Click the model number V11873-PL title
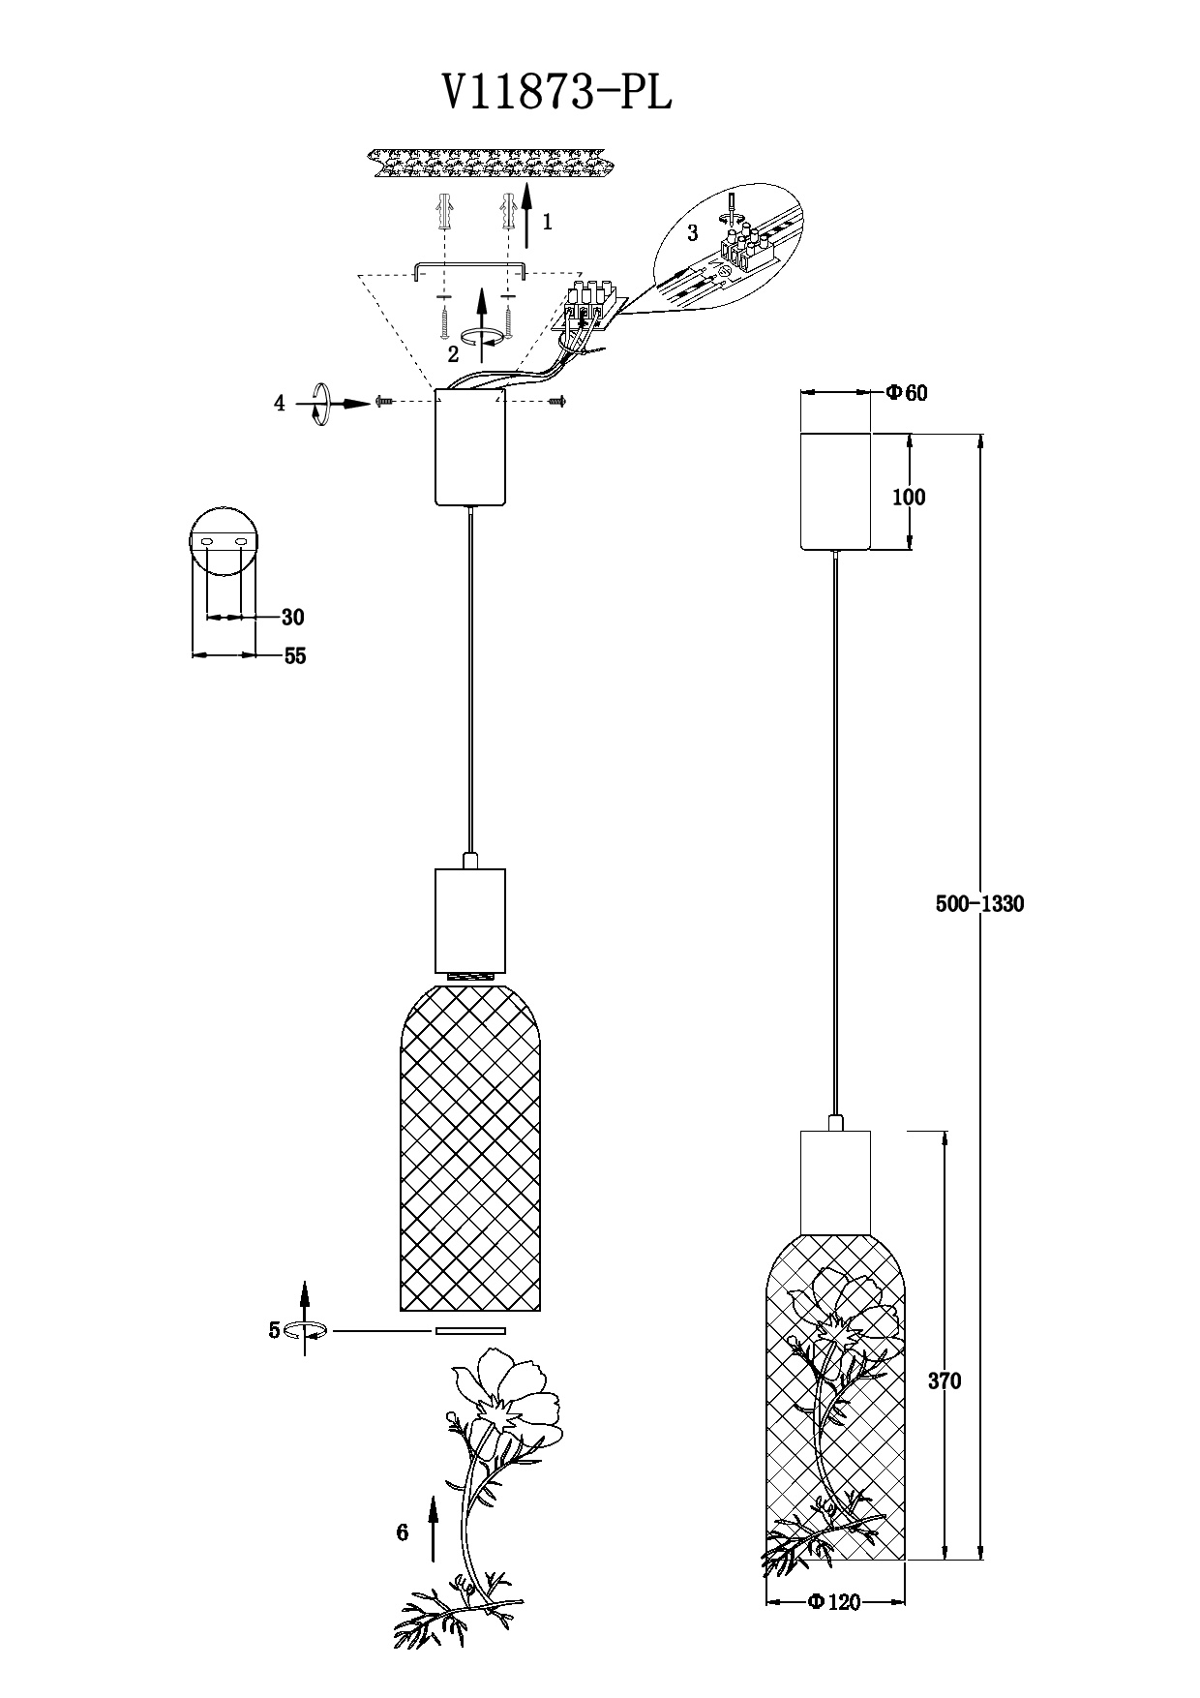point(556,95)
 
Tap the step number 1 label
point(547,222)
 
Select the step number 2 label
point(453,354)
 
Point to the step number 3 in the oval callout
point(692,233)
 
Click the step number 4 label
point(280,404)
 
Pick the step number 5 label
point(274,1330)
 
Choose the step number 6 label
point(403,1532)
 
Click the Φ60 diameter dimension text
point(907,393)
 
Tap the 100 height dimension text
point(909,498)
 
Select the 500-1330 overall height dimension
point(979,904)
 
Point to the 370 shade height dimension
point(945,1381)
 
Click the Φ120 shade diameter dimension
point(834,1602)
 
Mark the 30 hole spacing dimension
point(292,618)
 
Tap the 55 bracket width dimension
point(295,656)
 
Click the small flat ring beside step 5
point(470,1331)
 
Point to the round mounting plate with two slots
point(224,539)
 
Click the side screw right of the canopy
point(556,400)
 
